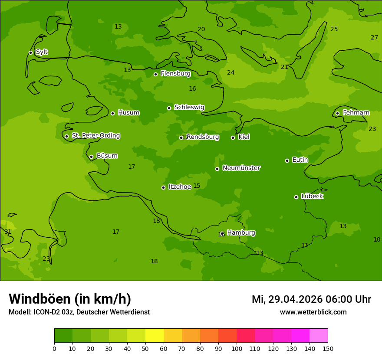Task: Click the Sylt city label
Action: (42, 52)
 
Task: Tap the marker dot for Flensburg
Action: (155, 74)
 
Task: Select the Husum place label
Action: (128, 113)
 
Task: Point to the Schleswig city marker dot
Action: (169, 108)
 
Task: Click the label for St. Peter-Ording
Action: (95, 136)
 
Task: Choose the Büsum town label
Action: (107, 156)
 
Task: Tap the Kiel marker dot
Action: (233, 137)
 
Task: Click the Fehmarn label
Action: (356, 113)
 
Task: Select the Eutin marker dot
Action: (287, 160)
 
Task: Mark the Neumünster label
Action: (241, 168)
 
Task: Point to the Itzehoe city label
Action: (180, 187)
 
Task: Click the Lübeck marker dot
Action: (296, 197)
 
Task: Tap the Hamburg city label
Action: (241, 233)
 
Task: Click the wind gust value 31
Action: (8, 232)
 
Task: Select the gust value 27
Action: (374, 38)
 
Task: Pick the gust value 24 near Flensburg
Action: (231, 72)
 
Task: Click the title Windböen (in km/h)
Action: (70, 299)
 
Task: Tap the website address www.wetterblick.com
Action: (313, 312)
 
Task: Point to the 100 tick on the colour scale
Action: (237, 348)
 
